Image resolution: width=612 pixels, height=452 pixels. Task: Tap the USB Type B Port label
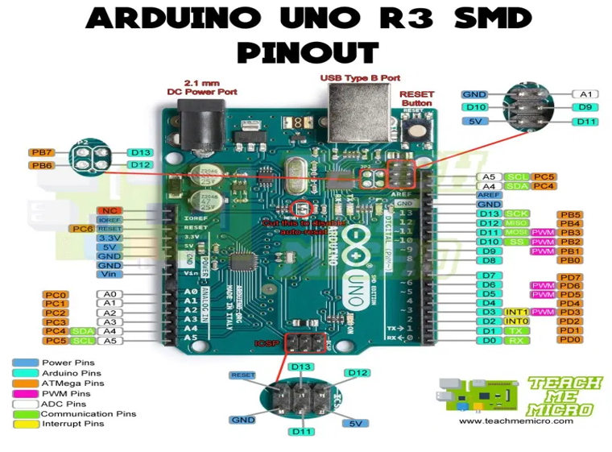(x=360, y=78)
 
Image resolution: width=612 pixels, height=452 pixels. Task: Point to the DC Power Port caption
(x=201, y=87)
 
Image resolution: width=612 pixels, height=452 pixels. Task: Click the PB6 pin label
(x=41, y=165)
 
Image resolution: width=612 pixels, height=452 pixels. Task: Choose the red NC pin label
(x=110, y=210)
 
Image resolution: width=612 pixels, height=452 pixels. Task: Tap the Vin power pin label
(x=110, y=274)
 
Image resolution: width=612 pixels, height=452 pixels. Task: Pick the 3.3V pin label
(x=110, y=238)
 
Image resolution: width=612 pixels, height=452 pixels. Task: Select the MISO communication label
(x=515, y=223)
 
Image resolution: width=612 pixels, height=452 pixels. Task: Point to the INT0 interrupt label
(x=515, y=321)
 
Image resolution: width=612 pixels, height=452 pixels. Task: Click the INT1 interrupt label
(x=515, y=312)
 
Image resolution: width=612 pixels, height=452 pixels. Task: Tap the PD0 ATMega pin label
(x=569, y=340)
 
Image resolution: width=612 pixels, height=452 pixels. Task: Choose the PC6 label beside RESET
(x=81, y=229)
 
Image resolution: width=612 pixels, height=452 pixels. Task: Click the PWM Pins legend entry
(x=64, y=393)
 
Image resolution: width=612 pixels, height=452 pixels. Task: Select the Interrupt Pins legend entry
(x=72, y=424)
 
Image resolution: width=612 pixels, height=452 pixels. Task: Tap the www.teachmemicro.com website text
(x=516, y=421)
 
